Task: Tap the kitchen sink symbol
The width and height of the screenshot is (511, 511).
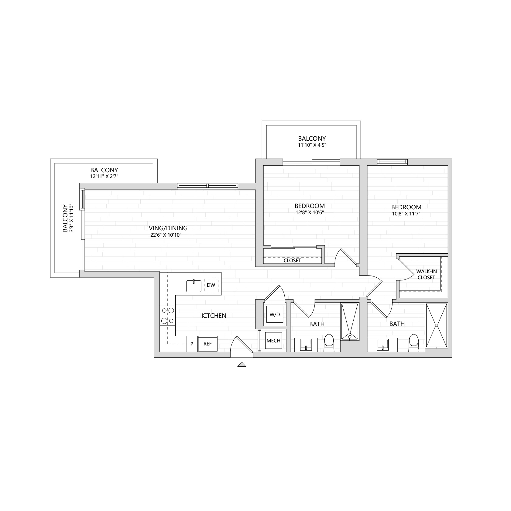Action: tap(194, 286)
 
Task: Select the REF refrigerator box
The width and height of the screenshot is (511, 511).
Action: tap(208, 344)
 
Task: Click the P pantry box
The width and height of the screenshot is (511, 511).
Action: tap(192, 344)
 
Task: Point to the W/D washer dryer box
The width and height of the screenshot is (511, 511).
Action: tap(275, 314)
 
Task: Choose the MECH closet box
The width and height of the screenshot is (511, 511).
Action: tap(273, 341)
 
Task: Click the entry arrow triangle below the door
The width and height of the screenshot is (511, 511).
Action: tap(242, 364)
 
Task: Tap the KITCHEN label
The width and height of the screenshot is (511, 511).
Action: tap(214, 316)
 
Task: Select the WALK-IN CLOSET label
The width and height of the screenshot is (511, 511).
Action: tap(426, 274)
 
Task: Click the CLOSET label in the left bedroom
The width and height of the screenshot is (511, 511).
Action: tap(292, 260)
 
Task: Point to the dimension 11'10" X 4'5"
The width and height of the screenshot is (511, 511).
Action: tap(312, 145)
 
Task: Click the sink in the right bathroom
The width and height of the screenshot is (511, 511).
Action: tap(382, 345)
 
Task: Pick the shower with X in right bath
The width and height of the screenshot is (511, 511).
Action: tap(436, 325)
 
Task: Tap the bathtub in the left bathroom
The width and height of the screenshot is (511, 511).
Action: tap(350, 322)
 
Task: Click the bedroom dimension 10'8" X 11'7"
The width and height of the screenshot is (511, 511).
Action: tap(406, 214)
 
